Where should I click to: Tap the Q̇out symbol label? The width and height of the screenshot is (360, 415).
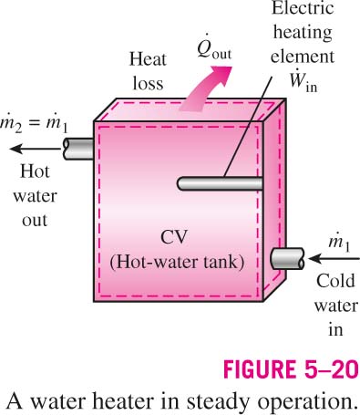(x=214, y=47)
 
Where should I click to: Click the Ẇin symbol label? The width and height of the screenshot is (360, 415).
(x=303, y=81)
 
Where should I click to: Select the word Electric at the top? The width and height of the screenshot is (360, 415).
(x=303, y=7)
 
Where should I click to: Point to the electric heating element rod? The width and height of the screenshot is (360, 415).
(x=220, y=183)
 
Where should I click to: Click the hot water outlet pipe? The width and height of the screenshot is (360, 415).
(x=78, y=149)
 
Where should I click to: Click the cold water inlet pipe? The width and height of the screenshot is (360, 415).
(x=287, y=259)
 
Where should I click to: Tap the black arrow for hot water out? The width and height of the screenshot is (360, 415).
(x=36, y=149)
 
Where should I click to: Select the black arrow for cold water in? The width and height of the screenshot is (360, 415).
(x=334, y=259)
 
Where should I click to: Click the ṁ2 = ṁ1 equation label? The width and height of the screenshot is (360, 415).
(x=34, y=124)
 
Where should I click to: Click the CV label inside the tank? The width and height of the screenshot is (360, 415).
(x=174, y=237)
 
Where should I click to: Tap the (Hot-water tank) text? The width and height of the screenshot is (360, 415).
(x=177, y=262)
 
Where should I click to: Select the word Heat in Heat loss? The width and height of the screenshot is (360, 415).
(x=148, y=59)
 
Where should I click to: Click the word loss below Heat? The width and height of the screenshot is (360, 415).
(x=148, y=83)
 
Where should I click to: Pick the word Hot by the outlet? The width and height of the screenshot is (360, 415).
(x=35, y=171)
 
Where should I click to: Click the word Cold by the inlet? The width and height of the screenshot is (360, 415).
(x=335, y=281)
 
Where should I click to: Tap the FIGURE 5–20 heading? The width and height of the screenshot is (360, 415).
(x=292, y=369)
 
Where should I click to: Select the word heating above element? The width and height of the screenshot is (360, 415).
(x=303, y=33)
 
